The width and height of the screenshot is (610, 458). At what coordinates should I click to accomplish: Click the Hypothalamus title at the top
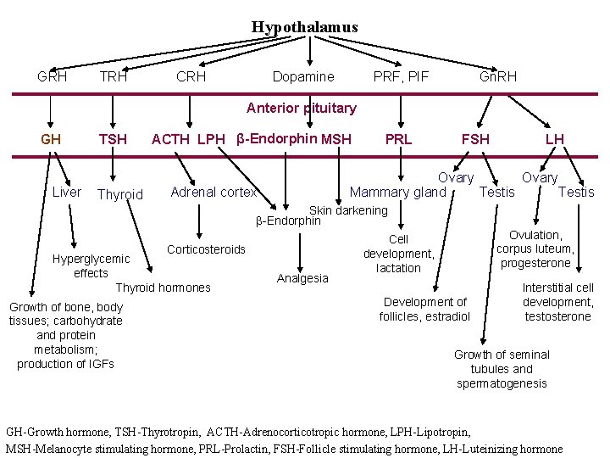(x=304, y=27)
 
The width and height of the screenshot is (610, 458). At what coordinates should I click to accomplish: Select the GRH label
(x=53, y=76)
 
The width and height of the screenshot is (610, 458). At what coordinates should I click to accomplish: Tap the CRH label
(x=191, y=76)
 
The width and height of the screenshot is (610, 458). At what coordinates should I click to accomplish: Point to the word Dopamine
(x=303, y=76)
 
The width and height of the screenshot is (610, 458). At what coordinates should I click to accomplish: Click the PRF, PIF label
(x=402, y=76)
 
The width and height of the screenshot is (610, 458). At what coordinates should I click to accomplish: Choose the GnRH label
(x=498, y=76)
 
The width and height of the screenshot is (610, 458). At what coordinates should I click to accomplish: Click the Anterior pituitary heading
(x=301, y=108)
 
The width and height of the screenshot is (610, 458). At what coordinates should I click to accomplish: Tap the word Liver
(x=67, y=192)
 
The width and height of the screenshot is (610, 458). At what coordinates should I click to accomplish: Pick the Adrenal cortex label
(x=213, y=192)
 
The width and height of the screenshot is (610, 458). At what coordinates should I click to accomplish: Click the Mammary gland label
(x=397, y=192)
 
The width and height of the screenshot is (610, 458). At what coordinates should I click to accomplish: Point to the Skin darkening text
(x=348, y=209)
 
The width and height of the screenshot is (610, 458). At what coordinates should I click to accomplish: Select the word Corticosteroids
(x=206, y=249)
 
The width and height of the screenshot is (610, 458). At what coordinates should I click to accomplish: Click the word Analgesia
(x=302, y=279)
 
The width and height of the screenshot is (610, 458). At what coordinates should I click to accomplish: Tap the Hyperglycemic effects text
(x=91, y=265)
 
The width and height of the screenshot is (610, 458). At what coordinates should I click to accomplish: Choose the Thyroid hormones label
(x=163, y=288)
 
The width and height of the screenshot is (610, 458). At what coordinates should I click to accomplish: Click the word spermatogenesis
(x=502, y=383)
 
